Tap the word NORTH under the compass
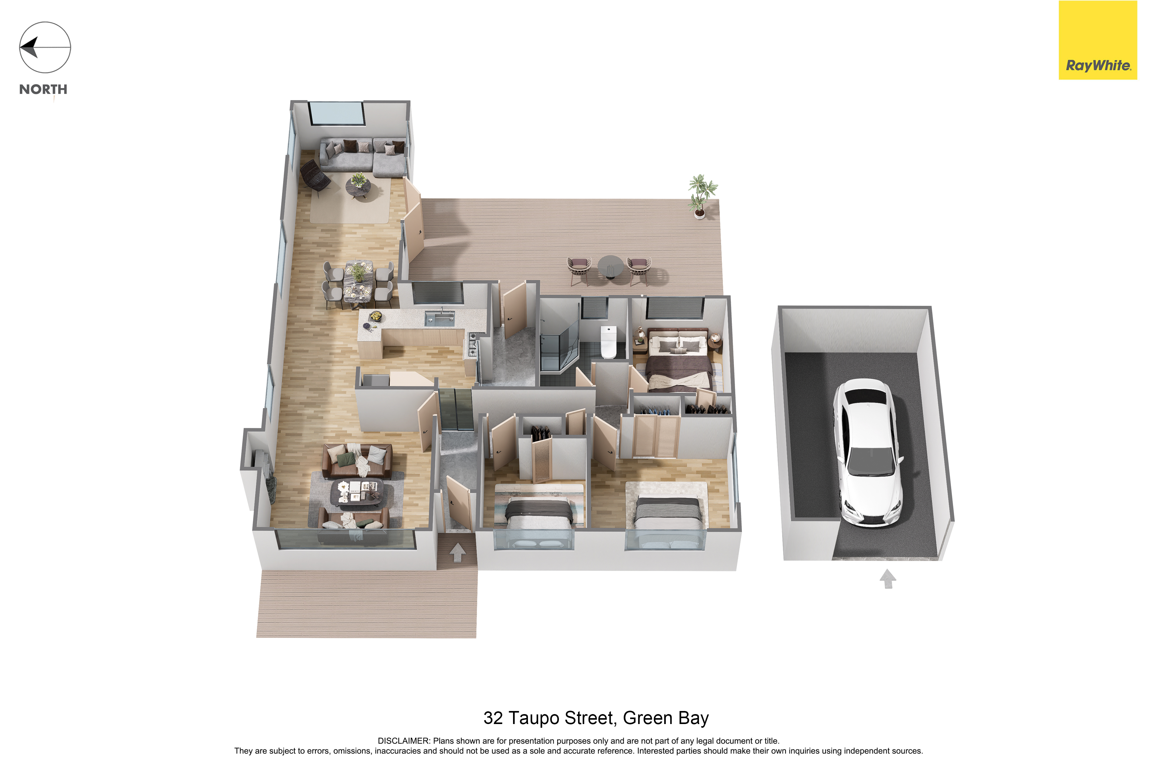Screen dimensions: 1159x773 pyautogui.click(x=43, y=89)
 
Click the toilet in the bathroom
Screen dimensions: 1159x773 pyautogui.click(x=608, y=342)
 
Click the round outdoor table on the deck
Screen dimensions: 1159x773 pyautogui.click(x=610, y=267)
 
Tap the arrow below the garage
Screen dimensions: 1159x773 pyautogui.click(x=888, y=579)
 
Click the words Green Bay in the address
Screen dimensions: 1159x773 pyautogui.click(x=666, y=718)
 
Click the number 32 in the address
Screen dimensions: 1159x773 pyautogui.click(x=493, y=718)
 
